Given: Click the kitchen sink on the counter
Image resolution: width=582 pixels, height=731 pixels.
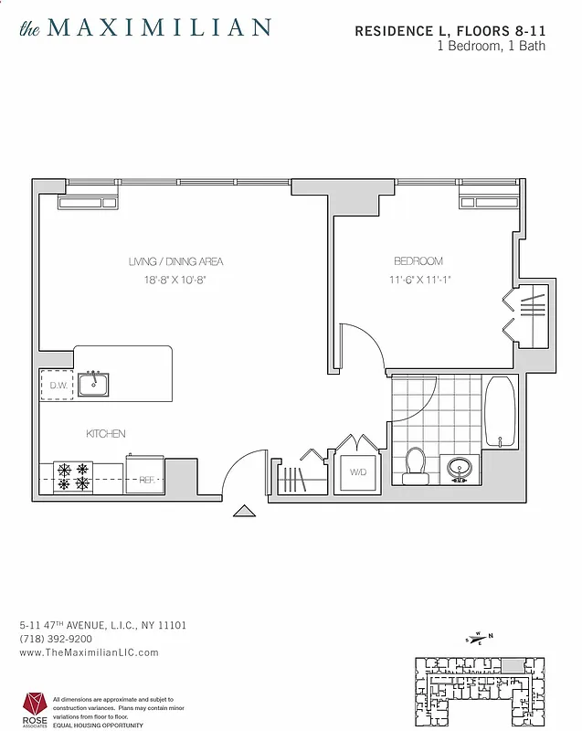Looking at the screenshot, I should pyautogui.click(x=93, y=384).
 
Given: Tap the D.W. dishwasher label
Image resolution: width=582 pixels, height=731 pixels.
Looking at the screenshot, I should pyautogui.click(x=57, y=386).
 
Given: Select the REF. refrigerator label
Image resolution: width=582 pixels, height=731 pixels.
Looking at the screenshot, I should pyautogui.click(x=144, y=478).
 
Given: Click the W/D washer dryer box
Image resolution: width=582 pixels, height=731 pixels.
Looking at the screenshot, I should pyautogui.click(x=357, y=472).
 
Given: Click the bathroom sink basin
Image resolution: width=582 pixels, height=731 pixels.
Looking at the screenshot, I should pyautogui.click(x=459, y=469).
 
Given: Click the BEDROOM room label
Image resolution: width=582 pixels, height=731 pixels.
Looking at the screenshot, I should pyautogui.click(x=418, y=261).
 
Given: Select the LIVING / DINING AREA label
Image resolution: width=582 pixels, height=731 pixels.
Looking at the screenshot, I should pyautogui.click(x=175, y=262).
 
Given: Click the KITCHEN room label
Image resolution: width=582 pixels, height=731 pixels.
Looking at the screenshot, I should pyautogui.click(x=106, y=434).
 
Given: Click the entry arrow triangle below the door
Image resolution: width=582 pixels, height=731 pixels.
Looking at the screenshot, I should pyautogui.click(x=244, y=512).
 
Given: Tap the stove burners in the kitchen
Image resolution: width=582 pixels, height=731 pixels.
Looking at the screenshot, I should pyautogui.click(x=73, y=476).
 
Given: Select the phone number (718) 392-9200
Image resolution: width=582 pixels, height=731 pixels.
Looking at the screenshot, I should pyautogui.click(x=55, y=639).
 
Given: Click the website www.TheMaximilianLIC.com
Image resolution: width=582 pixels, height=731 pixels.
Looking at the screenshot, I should pyautogui.click(x=89, y=652).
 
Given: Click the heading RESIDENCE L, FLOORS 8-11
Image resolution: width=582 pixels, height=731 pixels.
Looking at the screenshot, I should pyautogui.click(x=450, y=31).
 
